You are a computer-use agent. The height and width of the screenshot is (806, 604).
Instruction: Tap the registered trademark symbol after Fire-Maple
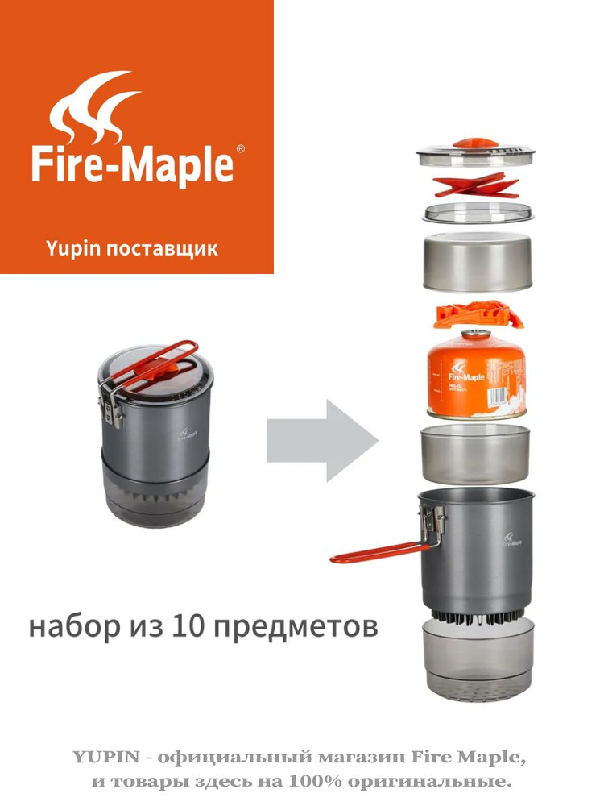point(239,150)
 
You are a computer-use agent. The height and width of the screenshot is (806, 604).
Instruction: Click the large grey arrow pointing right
point(322,440)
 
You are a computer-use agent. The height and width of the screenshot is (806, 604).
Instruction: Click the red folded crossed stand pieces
point(475,185)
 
